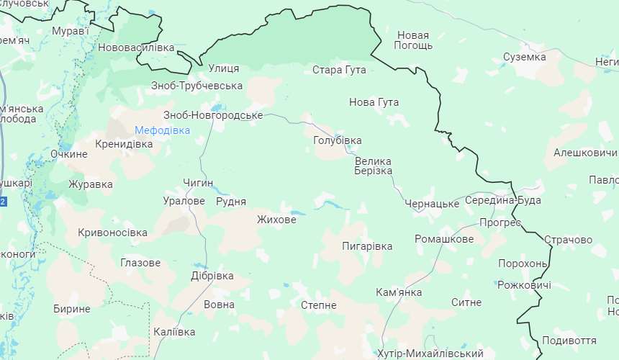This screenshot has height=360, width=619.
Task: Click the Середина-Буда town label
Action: [x=502, y=200]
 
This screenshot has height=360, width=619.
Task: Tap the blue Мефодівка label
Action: [x=163, y=130]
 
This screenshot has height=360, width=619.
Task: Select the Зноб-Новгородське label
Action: [x=214, y=115]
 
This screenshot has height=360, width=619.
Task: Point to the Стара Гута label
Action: [x=339, y=70]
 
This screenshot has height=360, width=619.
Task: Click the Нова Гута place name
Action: [x=374, y=102]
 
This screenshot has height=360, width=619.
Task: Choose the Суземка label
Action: [x=524, y=56]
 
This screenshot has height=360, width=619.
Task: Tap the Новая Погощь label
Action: [x=413, y=40]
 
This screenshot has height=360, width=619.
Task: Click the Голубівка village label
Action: [x=338, y=140]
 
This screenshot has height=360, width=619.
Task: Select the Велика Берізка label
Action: [x=373, y=166]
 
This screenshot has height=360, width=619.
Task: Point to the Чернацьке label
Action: [x=432, y=204]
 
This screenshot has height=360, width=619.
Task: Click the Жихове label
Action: [x=276, y=220]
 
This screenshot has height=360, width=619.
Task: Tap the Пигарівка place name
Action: [x=367, y=246]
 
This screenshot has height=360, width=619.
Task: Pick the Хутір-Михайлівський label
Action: [x=430, y=354]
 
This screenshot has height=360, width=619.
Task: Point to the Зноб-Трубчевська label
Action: [x=197, y=86]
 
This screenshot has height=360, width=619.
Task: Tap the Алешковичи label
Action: [x=585, y=153]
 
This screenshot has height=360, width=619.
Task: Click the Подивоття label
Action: [x=569, y=341]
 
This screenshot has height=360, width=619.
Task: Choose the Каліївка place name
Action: [x=174, y=332]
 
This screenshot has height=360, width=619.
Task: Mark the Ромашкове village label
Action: [x=444, y=239]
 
